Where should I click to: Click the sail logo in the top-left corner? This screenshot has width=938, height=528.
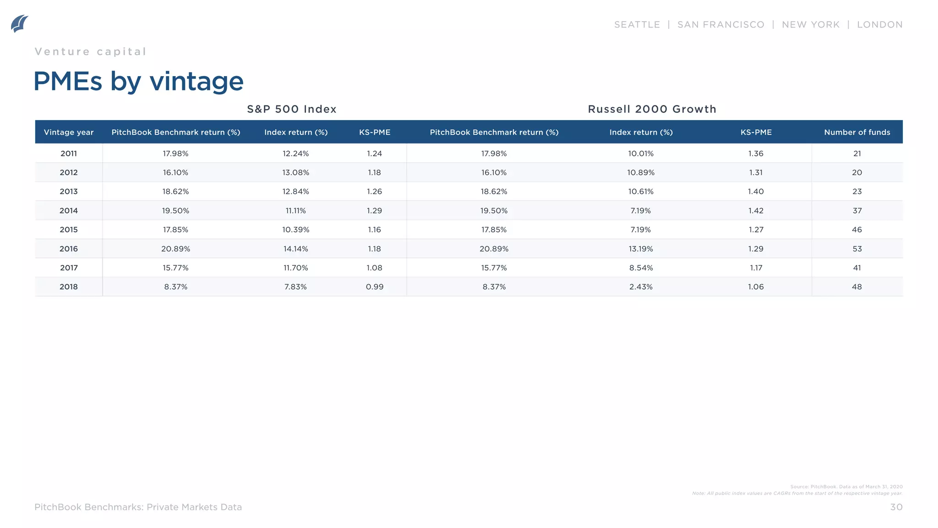point(19,23)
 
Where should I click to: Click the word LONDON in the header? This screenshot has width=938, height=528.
point(879,25)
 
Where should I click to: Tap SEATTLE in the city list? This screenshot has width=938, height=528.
point(637,25)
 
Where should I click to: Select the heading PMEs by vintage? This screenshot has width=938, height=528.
point(138,81)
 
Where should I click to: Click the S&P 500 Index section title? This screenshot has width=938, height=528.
point(292,109)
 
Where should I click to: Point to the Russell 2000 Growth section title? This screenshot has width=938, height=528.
point(652,109)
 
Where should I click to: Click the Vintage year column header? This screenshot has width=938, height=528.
point(69,132)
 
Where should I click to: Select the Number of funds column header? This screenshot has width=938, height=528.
point(857,132)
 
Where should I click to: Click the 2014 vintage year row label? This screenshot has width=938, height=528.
point(69,211)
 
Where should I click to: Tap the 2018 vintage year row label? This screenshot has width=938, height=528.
point(69,287)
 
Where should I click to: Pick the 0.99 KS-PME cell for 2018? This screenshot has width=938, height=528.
point(375,287)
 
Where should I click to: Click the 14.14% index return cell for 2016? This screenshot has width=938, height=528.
point(295,249)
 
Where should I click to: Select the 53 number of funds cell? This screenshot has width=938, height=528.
point(857,249)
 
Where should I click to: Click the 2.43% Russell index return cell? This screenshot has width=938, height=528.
point(641,287)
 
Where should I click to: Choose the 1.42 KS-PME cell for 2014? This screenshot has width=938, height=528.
point(756,211)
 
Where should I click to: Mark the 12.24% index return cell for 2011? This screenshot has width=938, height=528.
point(295,154)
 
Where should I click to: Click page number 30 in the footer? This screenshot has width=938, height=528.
point(896,507)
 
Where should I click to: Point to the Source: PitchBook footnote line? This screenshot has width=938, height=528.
point(846,487)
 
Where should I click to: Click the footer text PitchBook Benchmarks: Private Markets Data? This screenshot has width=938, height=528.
point(138,507)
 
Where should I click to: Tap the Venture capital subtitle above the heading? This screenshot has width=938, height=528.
point(90,52)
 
